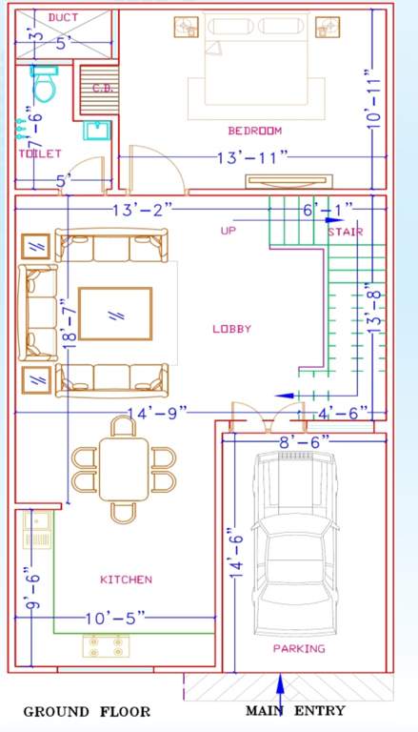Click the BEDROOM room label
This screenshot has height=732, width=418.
point(254,131)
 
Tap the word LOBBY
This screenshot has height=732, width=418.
point(231,329)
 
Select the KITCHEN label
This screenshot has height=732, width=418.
point(126,579)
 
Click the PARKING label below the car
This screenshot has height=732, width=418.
point(299,648)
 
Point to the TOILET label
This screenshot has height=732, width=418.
point(39,153)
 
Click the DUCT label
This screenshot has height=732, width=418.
point(63,18)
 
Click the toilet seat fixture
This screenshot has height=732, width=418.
point(43,85)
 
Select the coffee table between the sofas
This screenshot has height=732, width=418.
point(115,314)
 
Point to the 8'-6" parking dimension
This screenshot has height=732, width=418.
point(304,440)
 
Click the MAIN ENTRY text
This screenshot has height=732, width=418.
point(295,711)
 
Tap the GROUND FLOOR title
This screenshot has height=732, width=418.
point(87,711)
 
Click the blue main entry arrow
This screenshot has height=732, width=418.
point(280,688)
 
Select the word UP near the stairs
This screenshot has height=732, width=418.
point(229,231)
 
